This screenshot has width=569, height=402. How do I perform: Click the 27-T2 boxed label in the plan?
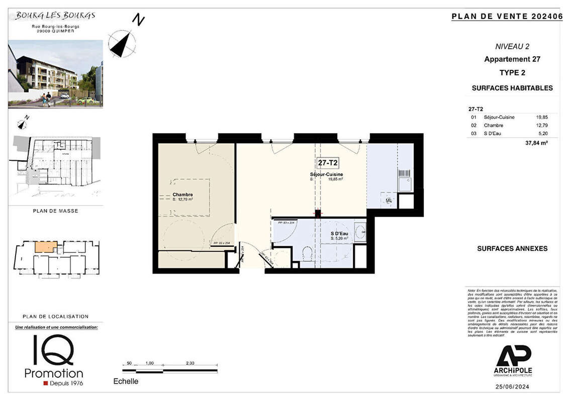(327, 163)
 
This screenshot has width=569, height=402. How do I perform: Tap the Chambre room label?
(182, 195)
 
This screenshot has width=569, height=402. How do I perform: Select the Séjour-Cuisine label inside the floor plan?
(327, 174)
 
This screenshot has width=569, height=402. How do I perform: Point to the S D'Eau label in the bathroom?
(339, 234)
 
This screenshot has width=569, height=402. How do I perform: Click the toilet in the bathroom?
(307, 254)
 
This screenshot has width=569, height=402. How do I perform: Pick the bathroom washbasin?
(360, 232)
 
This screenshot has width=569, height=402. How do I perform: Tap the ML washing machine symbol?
(389, 200)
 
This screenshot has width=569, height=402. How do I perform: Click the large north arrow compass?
(122, 43)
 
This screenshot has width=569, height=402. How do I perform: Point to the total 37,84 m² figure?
(536, 143)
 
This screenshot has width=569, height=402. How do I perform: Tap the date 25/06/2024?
(513, 386)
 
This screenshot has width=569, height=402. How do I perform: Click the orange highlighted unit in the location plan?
(46, 247)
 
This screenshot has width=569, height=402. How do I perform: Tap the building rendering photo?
(55, 74)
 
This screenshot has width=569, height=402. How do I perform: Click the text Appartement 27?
(512, 59)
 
